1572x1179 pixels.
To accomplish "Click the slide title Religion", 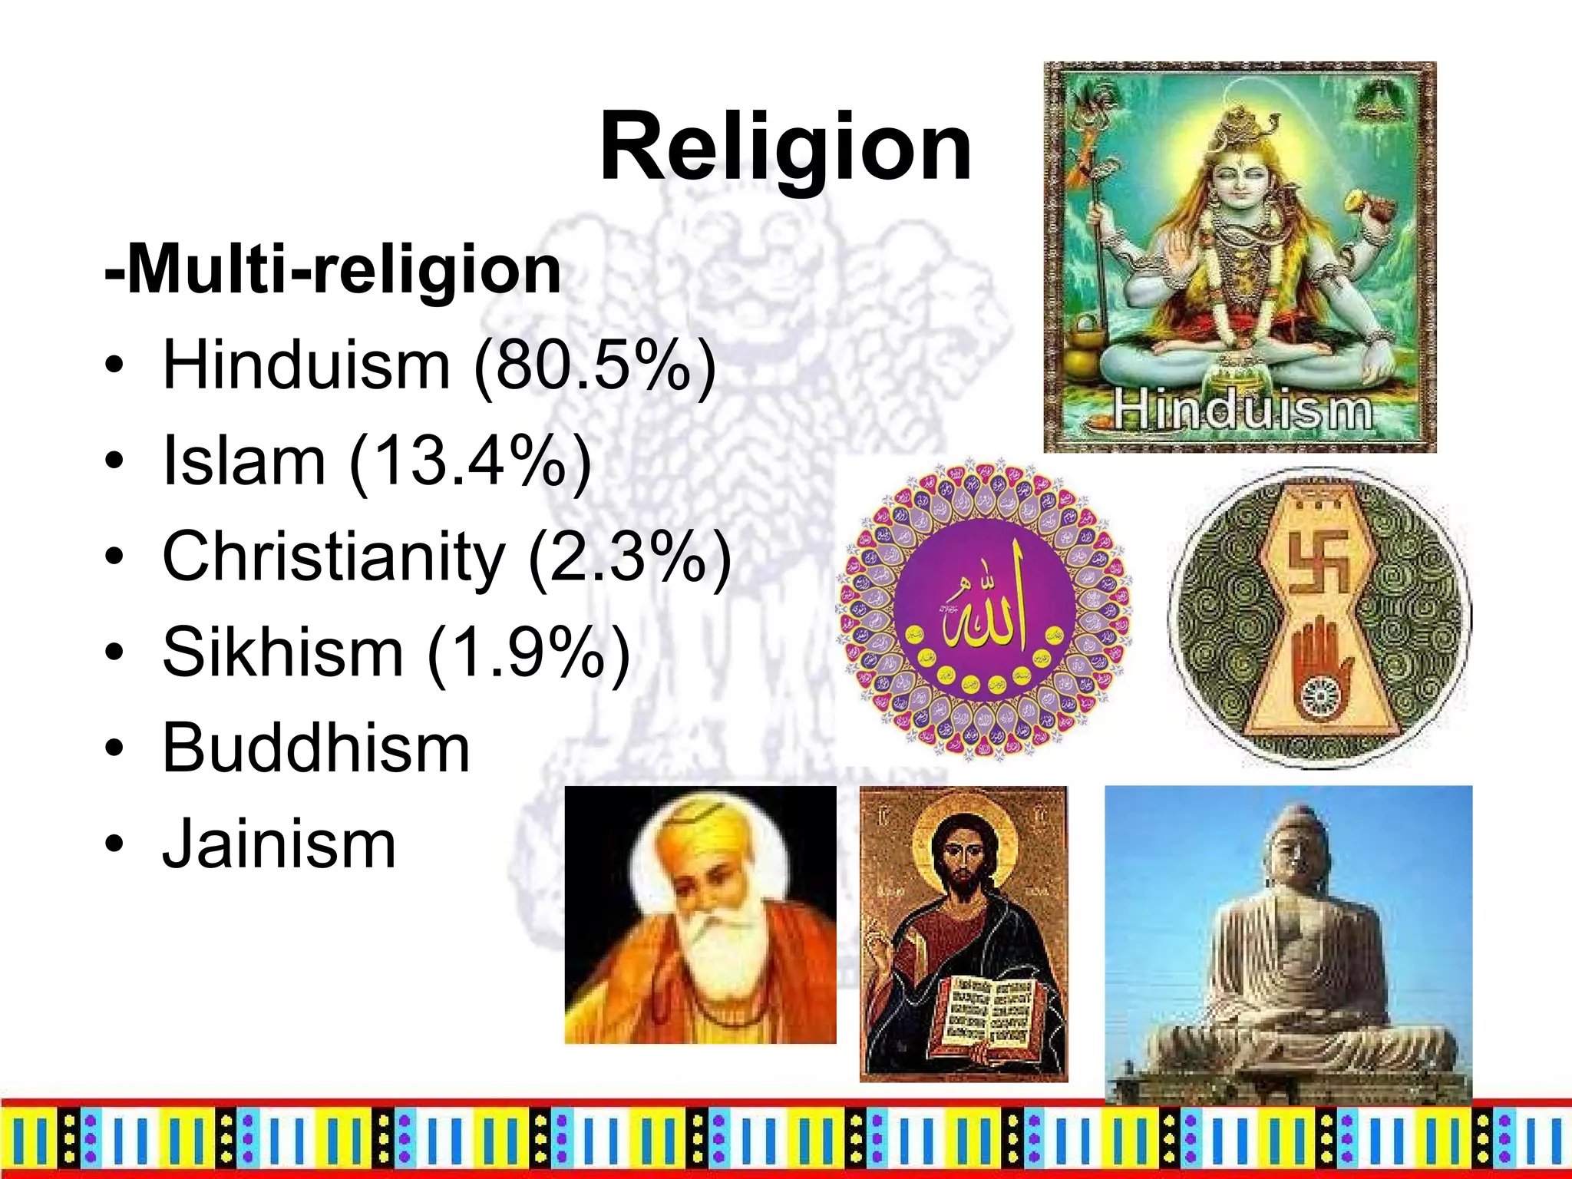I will [x=785, y=146].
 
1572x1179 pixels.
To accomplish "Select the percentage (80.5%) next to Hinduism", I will [x=595, y=366].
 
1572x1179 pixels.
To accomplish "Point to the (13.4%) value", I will [x=470, y=462].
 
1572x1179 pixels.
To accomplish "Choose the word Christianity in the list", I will [x=334, y=558].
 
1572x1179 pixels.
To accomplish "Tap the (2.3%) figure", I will [x=629, y=558].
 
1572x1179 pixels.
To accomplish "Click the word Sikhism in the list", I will [x=282, y=653].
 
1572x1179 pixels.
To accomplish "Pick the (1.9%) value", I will [x=528, y=653].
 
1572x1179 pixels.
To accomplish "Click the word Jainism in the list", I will [x=279, y=844].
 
